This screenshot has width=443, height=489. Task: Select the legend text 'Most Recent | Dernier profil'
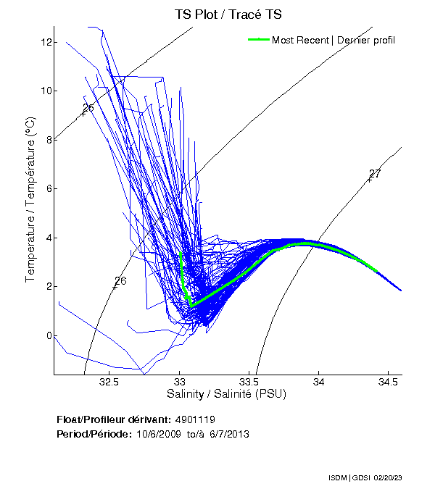click(x=334, y=40)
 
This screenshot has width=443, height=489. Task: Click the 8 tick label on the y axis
click(x=46, y=140)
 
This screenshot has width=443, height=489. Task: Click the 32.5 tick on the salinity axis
click(x=109, y=382)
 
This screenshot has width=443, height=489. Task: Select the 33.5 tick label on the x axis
click(x=249, y=382)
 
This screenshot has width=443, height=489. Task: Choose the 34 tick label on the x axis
click(x=318, y=382)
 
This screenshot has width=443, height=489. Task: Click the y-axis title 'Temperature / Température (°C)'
click(x=30, y=201)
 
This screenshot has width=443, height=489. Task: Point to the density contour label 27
click(x=375, y=174)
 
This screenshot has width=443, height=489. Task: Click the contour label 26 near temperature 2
click(x=120, y=281)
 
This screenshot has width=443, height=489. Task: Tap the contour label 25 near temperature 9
click(x=88, y=108)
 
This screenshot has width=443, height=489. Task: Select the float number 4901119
click(x=194, y=420)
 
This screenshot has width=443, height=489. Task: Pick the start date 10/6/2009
click(x=160, y=434)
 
